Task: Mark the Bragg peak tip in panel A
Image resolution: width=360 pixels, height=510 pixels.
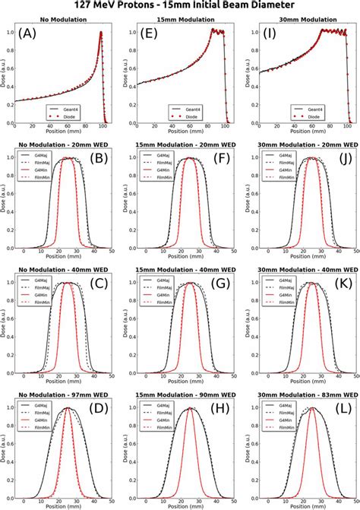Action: pyautogui.click(x=101, y=33)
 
